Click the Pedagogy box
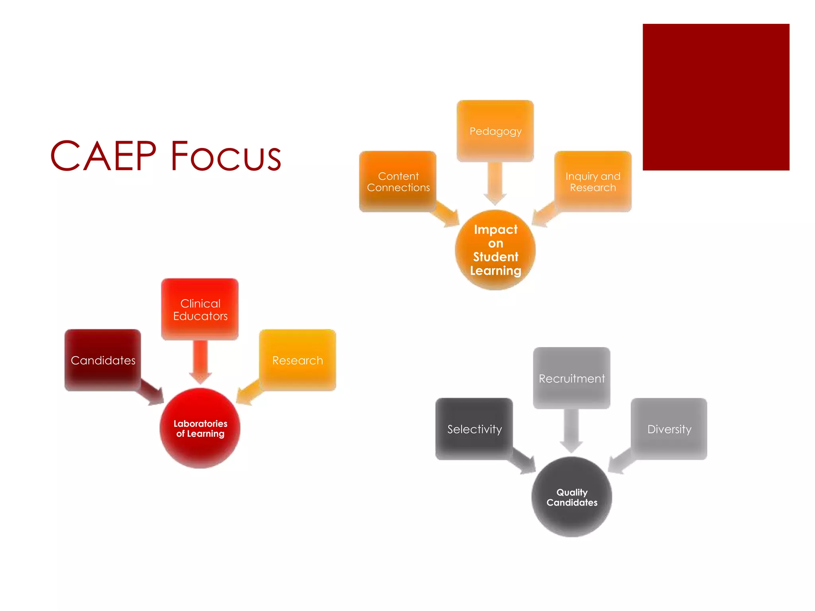click(495, 131)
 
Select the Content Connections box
click(398, 181)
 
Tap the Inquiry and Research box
click(593, 181)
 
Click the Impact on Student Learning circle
click(495, 250)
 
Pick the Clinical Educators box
click(200, 309)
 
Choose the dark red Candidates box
click(103, 360)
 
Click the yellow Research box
click(297, 360)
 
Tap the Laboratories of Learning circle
click(200, 428)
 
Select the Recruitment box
click(571, 378)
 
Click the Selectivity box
click(474, 429)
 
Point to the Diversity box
click(669, 429)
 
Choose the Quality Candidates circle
click(571, 497)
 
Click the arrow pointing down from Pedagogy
click(495, 183)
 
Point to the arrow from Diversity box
click(621, 461)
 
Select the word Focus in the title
click(226, 156)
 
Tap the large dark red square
click(716, 97)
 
